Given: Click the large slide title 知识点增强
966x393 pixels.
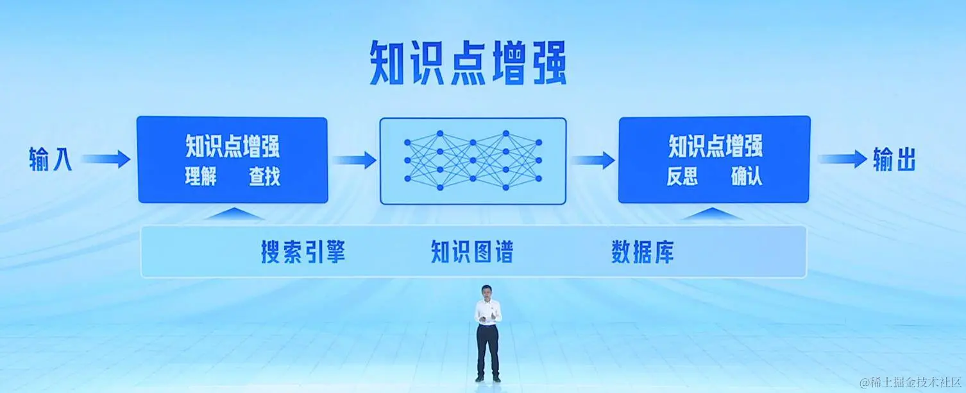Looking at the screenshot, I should click(468, 63).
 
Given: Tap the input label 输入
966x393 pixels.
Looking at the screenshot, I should click(50, 160).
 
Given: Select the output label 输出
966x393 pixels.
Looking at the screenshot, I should click(894, 160).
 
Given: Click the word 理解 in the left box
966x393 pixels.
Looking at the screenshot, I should click(201, 177).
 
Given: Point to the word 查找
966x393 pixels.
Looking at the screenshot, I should click(265, 177).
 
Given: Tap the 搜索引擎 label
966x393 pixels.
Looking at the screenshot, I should click(303, 252).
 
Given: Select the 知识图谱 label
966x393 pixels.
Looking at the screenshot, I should click(471, 252).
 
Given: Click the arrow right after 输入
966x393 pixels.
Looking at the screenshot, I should click(106, 159).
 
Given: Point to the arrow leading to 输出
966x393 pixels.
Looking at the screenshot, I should click(842, 159).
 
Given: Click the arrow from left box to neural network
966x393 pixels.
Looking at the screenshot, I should click(353, 159).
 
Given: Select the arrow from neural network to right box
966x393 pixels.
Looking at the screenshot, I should click(592, 159).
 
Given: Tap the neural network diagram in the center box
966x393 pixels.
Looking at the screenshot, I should click(473, 161).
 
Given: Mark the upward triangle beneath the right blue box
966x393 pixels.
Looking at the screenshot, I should click(713, 214).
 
